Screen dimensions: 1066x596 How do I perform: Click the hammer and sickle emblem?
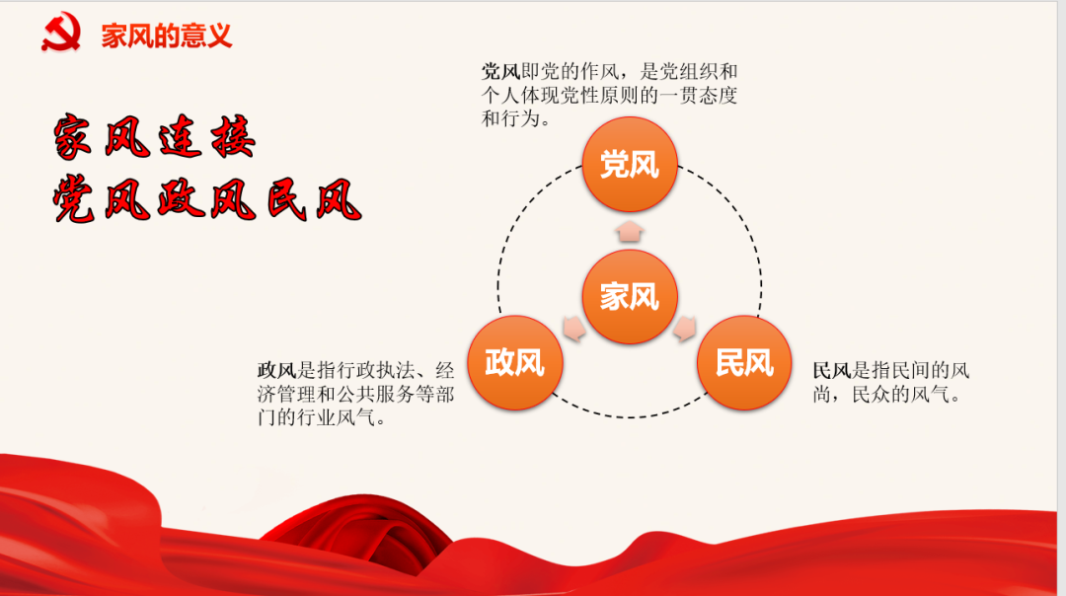(61, 32)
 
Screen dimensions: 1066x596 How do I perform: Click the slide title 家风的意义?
(167, 36)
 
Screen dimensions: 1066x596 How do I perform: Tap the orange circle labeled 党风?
(630, 165)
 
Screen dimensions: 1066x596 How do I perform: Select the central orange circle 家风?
(630, 296)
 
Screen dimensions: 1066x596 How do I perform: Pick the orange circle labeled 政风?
(514, 362)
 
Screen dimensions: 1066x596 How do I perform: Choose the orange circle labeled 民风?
(744, 362)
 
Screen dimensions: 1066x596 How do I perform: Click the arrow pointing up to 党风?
(630, 231)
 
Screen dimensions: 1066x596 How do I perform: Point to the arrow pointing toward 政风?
(573, 329)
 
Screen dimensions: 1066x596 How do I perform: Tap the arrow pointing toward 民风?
(685, 329)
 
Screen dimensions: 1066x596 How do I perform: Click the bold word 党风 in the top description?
(500, 71)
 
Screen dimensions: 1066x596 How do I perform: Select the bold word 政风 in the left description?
(276, 370)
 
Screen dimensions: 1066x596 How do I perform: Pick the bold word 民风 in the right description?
(832, 370)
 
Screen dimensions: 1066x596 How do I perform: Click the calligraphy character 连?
(181, 137)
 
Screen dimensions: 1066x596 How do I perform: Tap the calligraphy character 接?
(233, 136)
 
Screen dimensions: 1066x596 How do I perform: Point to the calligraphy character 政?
(181, 199)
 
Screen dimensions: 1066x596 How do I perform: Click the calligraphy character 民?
(285, 199)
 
